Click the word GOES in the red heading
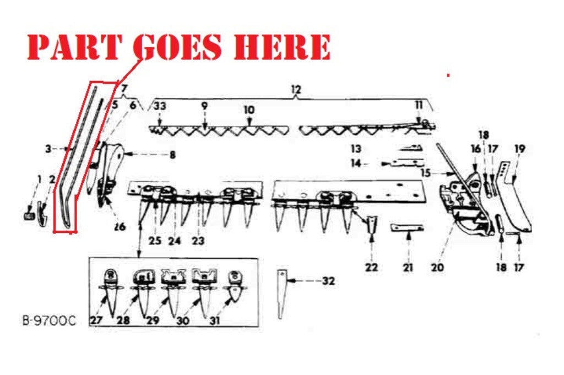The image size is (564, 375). tap(178, 47)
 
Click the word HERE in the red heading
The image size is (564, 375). tap(282, 47)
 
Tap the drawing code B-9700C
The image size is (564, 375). tap(49, 320)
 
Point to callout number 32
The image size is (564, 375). tap(328, 281)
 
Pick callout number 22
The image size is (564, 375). tap(371, 267)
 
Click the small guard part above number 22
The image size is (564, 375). tap(372, 224)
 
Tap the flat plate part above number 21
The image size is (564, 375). tap(407, 228)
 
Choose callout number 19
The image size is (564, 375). tap(520, 149)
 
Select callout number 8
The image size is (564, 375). tap(172, 155)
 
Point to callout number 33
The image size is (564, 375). tap(160, 106)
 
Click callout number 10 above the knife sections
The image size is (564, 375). tap(249, 110)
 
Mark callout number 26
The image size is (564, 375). tap(120, 226)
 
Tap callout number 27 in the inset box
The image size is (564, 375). tap(96, 319)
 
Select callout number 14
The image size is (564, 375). tap(356, 163)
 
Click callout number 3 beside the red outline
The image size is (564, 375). tap(48, 149)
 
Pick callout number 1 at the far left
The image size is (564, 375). tap(39, 179)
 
